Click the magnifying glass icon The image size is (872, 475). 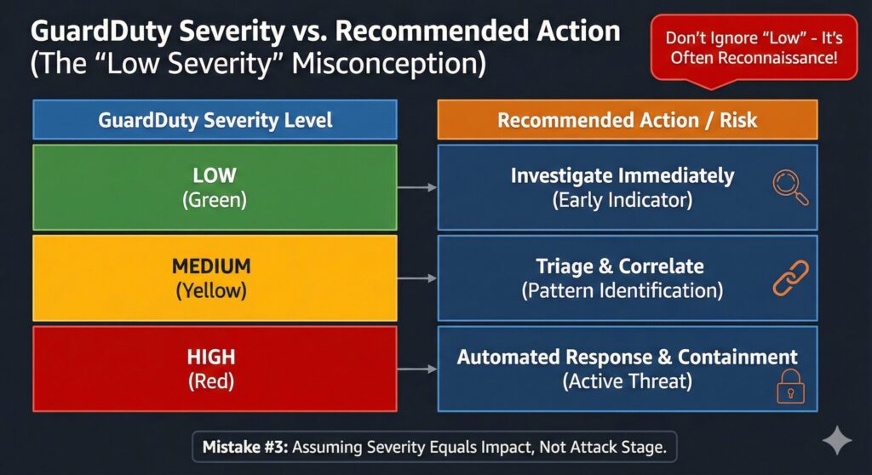tap(789, 186)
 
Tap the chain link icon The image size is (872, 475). tap(789, 278)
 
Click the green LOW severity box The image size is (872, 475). tap(215, 187)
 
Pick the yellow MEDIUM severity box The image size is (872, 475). tap(215, 278)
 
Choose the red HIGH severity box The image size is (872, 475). tap(215, 369)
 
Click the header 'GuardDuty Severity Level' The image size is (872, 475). tap(215, 120)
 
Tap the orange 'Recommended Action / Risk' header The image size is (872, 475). tap(627, 120)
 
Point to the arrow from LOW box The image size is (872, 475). tap(417, 187)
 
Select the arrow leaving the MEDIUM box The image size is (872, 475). tap(417, 278)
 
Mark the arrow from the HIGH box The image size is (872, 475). tap(417, 369)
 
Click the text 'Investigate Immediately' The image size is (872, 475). tap(622, 176)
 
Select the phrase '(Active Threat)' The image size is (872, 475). tap(627, 381)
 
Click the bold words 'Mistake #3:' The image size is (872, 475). tap(245, 445)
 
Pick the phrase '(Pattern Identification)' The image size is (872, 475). tap(622, 290)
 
